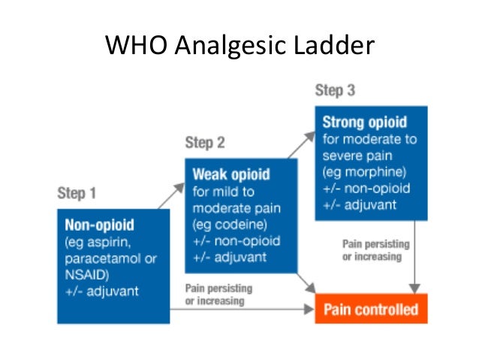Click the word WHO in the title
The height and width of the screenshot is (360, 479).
[x=136, y=45]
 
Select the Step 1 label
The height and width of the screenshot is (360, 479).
[x=77, y=193]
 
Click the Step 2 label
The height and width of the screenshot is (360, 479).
[x=205, y=143]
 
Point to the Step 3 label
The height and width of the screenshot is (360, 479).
[x=335, y=90]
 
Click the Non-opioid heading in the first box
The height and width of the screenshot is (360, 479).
[x=99, y=225]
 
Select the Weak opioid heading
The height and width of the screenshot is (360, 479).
[x=231, y=174]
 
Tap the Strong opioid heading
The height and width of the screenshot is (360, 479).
[x=365, y=123]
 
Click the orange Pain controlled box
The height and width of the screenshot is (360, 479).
[x=371, y=309]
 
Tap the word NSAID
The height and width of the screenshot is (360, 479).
[x=86, y=275]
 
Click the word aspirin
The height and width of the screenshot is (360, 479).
[x=109, y=243]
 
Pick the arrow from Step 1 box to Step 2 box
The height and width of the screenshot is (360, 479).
[x=171, y=196]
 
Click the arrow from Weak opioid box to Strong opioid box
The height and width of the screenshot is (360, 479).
[x=302, y=145]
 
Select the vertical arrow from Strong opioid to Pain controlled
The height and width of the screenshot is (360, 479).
[x=414, y=257]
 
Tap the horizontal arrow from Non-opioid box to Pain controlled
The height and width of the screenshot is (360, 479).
[x=242, y=309]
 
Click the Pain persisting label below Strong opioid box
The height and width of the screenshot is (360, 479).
[x=375, y=250]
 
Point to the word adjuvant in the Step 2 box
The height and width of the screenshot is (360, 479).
[x=240, y=258]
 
